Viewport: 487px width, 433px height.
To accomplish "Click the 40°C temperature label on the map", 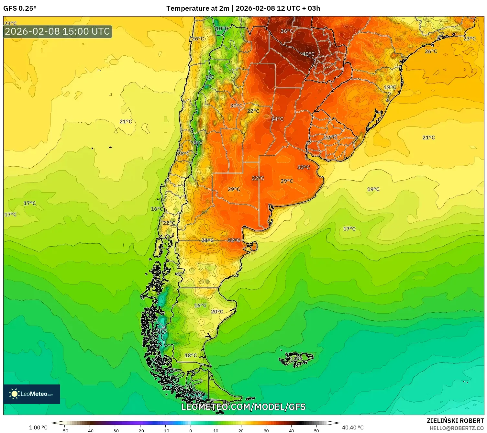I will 308,54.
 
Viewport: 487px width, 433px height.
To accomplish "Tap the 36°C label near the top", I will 286,31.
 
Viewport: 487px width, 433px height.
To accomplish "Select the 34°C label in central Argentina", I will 277,119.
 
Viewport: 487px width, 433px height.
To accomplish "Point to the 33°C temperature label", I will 304,167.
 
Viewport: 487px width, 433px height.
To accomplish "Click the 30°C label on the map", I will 236,106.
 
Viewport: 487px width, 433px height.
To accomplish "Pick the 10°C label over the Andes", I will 222,28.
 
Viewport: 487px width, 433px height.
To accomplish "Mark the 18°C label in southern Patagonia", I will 191,355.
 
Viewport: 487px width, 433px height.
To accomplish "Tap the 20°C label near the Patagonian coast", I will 217,312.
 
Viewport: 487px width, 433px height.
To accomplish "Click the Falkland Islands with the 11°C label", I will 296,359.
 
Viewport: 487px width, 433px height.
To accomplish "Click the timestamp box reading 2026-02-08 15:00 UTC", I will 58,31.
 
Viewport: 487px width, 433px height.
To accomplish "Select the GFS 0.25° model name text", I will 20,8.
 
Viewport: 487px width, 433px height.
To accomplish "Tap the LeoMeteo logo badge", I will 32,394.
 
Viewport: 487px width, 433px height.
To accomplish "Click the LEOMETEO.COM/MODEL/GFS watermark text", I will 243,407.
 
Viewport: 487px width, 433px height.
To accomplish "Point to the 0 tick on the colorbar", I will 191,431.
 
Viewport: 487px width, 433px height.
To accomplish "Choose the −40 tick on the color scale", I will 90,431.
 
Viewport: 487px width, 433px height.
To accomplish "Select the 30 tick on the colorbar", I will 266,431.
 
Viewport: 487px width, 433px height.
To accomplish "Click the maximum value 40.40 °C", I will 353,427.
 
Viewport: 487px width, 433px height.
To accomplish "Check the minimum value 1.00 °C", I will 38,427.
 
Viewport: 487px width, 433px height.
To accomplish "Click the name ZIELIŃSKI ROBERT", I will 455,421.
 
